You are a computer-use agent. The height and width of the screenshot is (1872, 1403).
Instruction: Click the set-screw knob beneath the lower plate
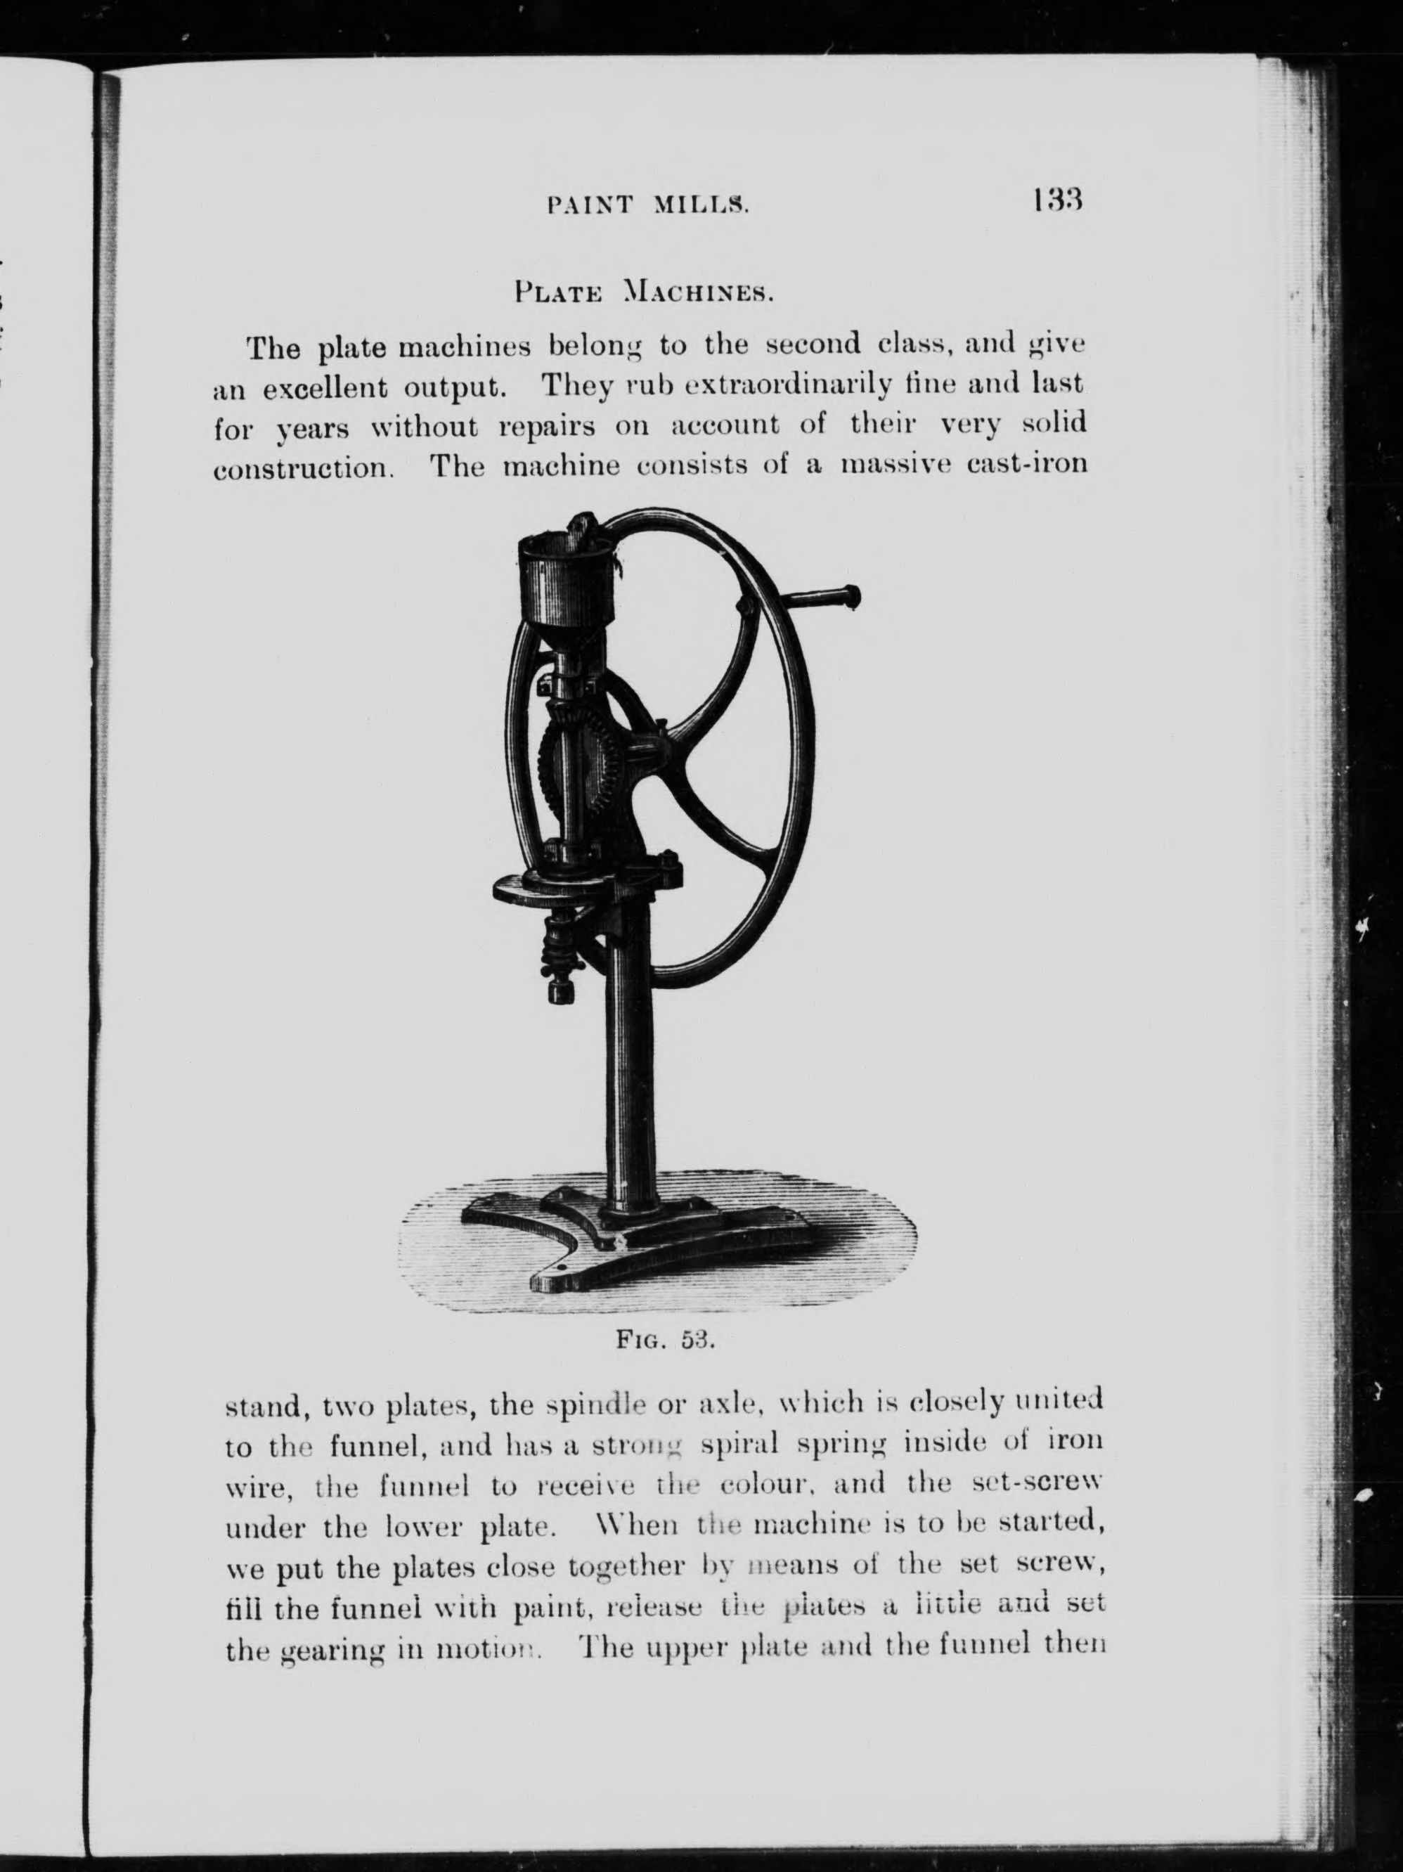560,989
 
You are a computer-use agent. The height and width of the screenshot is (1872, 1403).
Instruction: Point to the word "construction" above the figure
303,468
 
